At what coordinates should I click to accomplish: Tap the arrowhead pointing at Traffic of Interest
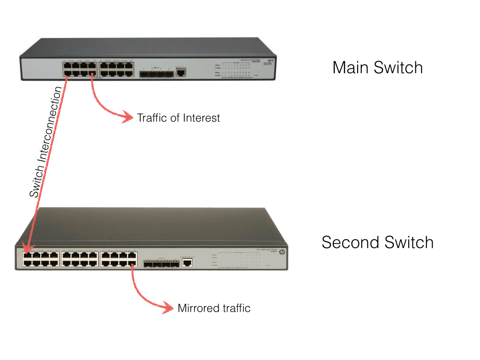[x=127, y=117]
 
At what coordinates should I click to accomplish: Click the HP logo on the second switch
[x=282, y=252]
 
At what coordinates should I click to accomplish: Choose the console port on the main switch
[x=181, y=72]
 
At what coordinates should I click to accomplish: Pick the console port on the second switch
[x=187, y=262]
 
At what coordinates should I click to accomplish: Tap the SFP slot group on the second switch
[x=161, y=264]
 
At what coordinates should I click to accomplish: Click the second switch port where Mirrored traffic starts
[x=133, y=264]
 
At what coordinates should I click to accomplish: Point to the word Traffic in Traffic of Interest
[x=152, y=118]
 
